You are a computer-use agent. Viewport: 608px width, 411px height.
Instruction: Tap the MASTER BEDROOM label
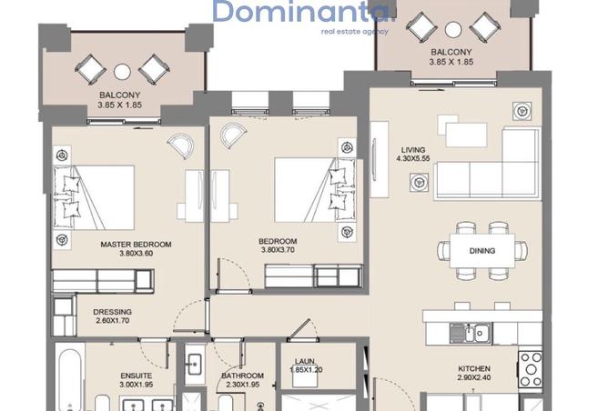pyautogui.click(x=136, y=245)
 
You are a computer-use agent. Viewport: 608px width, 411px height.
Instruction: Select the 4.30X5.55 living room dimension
pyautogui.click(x=413, y=158)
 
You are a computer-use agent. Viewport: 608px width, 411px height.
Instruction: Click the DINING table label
pyautogui.click(x=482, y=251)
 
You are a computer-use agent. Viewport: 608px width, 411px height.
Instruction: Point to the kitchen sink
pyautogui.click(x=471, y=333)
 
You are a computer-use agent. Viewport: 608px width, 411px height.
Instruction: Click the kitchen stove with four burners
pyautogui.click(x=531, y=369)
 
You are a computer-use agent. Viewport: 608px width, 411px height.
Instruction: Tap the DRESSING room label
pyautogui.click(x=112, y=312)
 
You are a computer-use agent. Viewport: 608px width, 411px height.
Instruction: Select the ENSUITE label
pyautogui.click(x=137, y=376)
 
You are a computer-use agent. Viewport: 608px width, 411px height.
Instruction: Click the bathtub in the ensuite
pyautogui.click(x=70, y=379)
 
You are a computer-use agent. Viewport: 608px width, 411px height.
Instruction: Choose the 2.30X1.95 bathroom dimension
pyautogui.click(x=243, y=385)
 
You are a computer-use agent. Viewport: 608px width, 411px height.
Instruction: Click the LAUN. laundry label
pyautogui.click(x=305, y=361)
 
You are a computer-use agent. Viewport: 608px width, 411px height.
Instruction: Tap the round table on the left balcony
pyautogui.click(x=122, y=72)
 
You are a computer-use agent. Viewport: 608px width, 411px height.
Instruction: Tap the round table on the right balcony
pyautogui.click(x=453, y=29)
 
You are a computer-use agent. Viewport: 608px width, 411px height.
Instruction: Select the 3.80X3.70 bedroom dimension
pyautogui.click(x=278, y=250)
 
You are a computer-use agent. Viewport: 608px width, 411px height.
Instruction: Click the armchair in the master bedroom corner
pyautogui.click(x=181, y=145)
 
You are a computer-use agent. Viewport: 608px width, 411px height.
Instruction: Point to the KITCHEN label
pyautogui.click(x=474, y=369)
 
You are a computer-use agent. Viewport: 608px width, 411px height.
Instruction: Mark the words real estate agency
pyautogui.click(x=354, y=32)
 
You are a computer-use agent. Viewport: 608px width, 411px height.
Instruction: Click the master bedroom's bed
pyautogui.click(x=94, y=197)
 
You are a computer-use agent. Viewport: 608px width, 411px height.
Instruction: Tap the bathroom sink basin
pyautogui.click(x=194, y=365)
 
